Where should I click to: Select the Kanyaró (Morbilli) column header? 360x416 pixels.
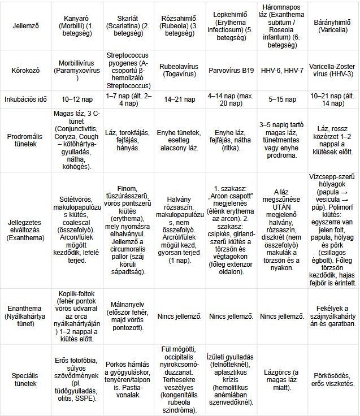tap(79, 26)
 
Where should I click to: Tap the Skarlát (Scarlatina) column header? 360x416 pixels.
tap(128, 26)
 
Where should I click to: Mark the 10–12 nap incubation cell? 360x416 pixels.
tap(79, 99)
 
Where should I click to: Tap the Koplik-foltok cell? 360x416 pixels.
tap(79, 317)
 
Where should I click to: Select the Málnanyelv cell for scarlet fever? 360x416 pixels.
tap(128, 317)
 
